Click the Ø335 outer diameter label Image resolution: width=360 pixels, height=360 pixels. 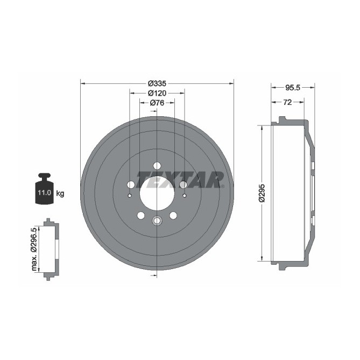pos(157,83)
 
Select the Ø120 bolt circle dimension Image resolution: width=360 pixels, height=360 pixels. pos(157,93)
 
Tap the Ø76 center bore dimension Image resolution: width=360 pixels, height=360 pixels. pos(157,103)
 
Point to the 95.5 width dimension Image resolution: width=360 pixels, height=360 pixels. pos(293,88)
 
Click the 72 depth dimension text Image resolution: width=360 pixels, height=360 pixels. pos(287,102)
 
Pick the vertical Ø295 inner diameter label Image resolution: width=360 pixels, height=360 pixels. pos(262,193)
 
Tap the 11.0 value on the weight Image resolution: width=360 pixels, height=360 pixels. pos(44,193)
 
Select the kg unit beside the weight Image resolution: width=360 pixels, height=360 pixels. pos(60,194)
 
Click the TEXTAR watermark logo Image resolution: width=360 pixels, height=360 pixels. pos(180,180)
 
